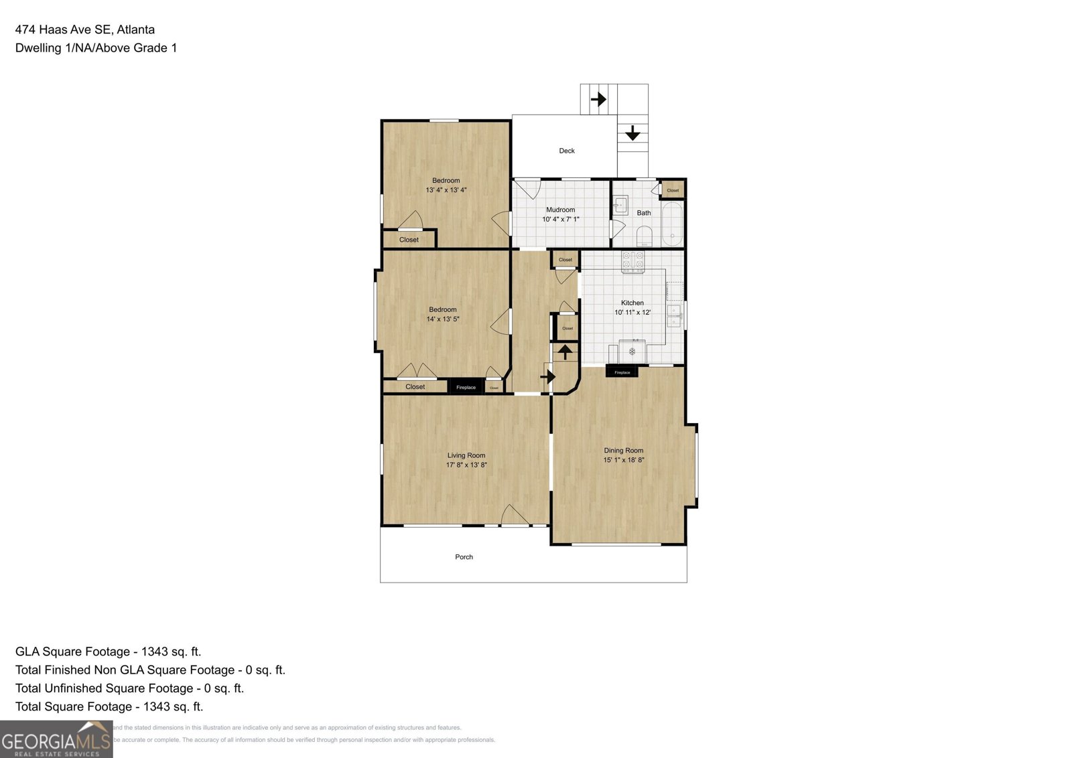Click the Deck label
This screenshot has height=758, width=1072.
coord(567,151)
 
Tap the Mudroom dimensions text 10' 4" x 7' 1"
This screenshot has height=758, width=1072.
coord(561,219)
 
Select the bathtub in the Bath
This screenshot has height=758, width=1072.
coord(672,224)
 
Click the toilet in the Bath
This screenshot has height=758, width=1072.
coord(644,235)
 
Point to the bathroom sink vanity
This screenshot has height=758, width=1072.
coord(620,205)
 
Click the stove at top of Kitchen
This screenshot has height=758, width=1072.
coord(632,261)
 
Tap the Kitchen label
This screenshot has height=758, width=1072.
coord(632,303)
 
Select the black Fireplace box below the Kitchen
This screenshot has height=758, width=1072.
coord(622,372)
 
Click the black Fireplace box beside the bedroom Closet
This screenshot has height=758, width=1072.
coord(466,387)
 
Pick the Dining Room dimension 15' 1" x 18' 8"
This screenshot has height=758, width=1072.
coord(624,460)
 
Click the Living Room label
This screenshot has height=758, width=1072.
coord(466,455)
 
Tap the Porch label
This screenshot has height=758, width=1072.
coord(464,557)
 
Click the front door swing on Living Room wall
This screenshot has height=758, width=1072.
coord(514,516)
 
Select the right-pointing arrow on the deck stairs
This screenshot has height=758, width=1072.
coord(598,99)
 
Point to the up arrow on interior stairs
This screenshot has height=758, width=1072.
coord(565,352)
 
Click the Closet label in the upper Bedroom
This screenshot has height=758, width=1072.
coord(409,240)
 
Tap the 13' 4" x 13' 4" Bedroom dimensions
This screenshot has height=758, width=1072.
coord(446,190)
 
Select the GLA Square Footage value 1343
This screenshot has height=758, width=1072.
coord(155,652)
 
